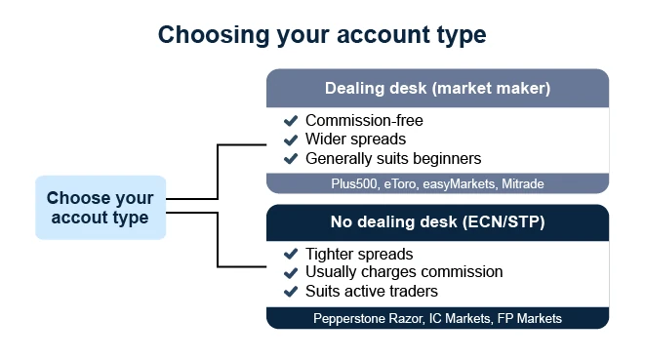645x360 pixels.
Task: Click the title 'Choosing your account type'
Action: pyautogui.click(x=322, y=35)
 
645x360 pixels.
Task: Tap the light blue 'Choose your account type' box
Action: pyautogui.click(x=101, y=208)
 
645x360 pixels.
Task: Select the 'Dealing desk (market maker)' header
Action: pyautogui.click(x=438, y=88)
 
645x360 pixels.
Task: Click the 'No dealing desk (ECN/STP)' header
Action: pyautogui.click(x=438, y=222)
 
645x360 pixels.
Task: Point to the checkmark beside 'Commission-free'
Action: pyautogui.click(x=291, y=121)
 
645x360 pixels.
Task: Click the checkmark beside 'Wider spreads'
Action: pyautogui.click(x=291, y=140)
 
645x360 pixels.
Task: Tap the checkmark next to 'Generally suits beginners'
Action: pyautogui.click(x=291, y=158)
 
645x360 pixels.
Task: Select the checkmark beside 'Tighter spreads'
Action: pyautogui.click(x=291, y=254)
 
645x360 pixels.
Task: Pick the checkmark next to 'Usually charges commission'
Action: pyautogui.click(x=291, y=272)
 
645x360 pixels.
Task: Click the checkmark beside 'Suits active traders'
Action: pyautogui.click(x=291, y=292)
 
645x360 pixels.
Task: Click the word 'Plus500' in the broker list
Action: pyautogui.click(x=354, y=184)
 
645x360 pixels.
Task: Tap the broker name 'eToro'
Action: pyautogui.click(x=400, y=184)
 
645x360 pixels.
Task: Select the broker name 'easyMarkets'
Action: pyautogui.click(x=459, y=184)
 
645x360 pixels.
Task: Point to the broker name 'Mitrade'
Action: pyautogui.click(x=523, y=184)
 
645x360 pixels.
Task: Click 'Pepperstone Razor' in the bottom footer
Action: pyautogui.click(x=368, y=318)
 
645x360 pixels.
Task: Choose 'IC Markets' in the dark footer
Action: pyautogui.click(x=460, y=318)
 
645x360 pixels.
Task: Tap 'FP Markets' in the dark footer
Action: pyautogui.click(x=530, y=318)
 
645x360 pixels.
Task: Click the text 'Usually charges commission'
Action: pyautogui.click(x=404, y=272)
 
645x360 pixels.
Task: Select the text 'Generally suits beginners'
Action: pyautogui.click(x=393, y=159)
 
